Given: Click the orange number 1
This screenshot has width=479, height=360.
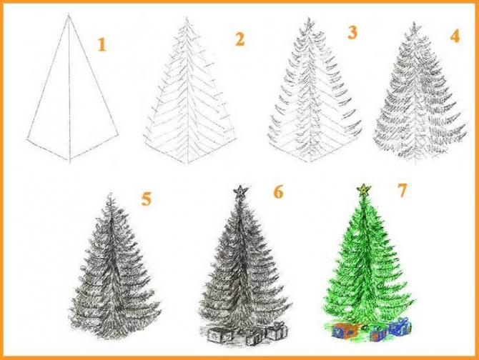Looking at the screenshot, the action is tap(102, 44).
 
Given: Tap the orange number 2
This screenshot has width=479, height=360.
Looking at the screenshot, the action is tap(239, 40).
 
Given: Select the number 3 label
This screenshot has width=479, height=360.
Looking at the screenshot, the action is tap(352, 33).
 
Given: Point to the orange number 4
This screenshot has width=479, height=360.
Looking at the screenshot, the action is tap(455, 36).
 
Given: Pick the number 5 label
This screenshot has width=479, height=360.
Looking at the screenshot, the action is tap(147, 199).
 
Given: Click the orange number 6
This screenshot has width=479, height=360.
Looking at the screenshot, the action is tap(278, 192).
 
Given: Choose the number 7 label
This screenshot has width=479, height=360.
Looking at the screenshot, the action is tap(403, 191).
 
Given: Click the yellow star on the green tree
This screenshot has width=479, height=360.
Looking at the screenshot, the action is tap(364, 190).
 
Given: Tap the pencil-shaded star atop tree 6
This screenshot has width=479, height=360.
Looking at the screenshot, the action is tap(240, 191).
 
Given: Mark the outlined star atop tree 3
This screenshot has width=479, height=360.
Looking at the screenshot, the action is tap(309, 25).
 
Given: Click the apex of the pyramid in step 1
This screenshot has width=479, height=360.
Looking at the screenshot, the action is tap(69, 15).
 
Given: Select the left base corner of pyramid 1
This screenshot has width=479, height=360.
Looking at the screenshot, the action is tap(27, 139).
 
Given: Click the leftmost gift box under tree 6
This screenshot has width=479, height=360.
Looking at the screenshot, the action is tap(219, 335).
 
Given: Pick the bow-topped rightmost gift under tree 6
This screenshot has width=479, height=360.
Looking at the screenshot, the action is tap(277, 331).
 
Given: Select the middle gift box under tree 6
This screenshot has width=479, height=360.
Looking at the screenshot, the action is tap(254, 337).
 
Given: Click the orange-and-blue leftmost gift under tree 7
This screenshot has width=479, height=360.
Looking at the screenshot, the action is tap(346, 331).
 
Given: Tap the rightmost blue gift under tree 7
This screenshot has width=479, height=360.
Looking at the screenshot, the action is tap(399, 326).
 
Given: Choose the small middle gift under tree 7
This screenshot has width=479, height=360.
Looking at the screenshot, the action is tap(379, 334).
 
